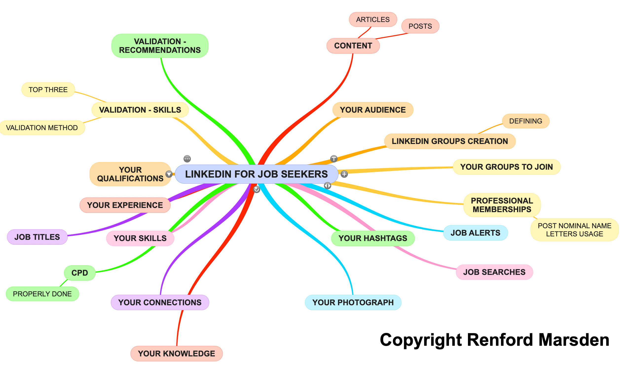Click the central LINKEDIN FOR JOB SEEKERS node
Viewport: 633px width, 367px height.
256,174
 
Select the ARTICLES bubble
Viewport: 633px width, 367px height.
373,19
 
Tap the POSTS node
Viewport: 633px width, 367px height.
420,26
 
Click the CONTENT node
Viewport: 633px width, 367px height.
353,46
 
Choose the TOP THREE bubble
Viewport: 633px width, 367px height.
48,90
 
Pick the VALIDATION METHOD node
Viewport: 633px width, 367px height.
42,128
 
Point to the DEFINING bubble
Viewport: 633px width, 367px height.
525,121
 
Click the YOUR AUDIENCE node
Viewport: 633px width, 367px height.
372,110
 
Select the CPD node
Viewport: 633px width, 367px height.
80,273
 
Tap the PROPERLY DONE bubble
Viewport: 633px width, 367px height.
42,294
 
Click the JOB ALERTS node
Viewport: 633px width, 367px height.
475,233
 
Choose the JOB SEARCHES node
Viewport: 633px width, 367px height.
494,272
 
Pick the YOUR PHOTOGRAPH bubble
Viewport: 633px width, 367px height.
353,302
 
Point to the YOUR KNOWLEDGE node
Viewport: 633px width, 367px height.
176,353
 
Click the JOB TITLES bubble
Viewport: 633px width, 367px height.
37,237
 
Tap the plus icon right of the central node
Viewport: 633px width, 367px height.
344,174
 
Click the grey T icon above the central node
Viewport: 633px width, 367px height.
334,159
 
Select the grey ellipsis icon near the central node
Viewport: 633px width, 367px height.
187,159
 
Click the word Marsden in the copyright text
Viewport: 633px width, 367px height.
574,340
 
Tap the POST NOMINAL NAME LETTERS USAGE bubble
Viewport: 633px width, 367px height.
574,230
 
